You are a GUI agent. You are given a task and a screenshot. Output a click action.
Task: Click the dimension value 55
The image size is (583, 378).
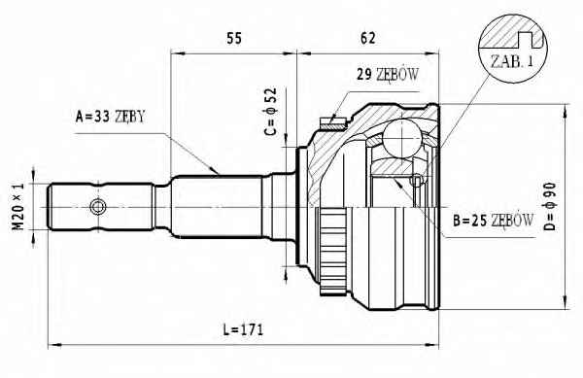[x=234, y=38]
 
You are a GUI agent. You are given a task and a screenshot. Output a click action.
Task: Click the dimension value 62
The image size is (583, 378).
[x=367, y=38]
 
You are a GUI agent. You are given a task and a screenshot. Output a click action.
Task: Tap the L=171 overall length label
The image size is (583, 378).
[x=243, y=329]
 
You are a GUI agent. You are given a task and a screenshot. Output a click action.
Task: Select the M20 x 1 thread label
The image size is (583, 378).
[x=18, y=206]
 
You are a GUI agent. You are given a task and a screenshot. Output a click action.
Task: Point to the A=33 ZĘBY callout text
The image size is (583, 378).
[x=110, y=117]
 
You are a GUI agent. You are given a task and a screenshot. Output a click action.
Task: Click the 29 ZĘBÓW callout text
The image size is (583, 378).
[x=388, y=75]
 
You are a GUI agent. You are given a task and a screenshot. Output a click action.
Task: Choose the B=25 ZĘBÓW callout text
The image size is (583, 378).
[x=493, y=221]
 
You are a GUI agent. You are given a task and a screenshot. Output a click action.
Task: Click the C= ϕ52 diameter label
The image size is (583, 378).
[x=271, y=112]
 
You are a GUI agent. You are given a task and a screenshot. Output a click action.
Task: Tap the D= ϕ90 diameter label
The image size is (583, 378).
[x=550, y=206]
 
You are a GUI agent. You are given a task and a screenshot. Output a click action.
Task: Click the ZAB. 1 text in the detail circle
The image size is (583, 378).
[x=512, y=61]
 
